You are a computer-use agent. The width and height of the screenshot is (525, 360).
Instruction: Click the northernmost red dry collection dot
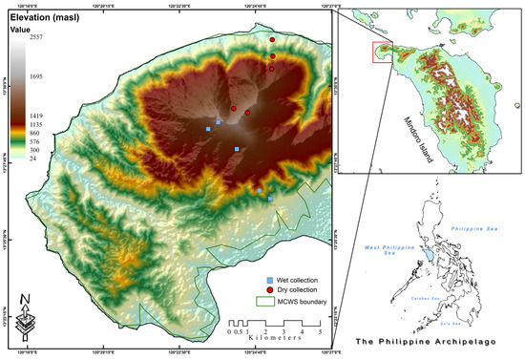272,40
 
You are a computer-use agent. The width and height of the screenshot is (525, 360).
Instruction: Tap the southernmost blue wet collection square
270,199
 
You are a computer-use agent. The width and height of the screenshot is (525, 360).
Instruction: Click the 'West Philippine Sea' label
380,250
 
